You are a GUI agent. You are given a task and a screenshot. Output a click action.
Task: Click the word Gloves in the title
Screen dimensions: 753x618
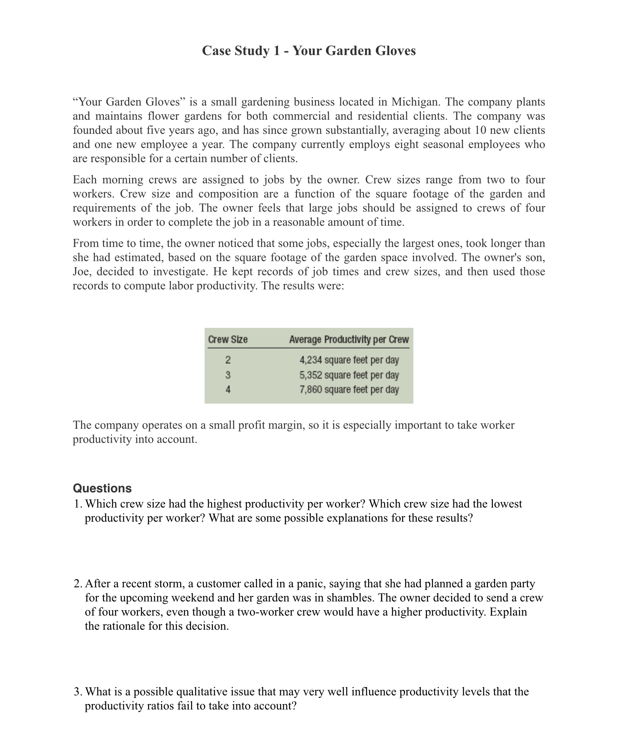395,51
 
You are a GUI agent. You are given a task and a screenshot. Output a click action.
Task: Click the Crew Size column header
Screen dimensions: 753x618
228,340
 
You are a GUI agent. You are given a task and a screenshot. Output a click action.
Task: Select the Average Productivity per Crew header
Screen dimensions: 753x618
349,340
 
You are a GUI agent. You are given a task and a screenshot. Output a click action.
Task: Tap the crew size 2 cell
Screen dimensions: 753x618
228,360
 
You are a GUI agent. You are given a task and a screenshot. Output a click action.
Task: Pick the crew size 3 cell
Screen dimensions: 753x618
228,375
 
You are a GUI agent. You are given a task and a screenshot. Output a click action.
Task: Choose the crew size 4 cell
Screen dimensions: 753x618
228,389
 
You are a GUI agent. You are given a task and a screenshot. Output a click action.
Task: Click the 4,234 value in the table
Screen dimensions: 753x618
311,360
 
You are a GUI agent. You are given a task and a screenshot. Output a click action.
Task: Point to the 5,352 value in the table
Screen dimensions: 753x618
311,375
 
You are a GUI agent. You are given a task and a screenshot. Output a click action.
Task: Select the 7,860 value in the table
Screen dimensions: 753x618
311,389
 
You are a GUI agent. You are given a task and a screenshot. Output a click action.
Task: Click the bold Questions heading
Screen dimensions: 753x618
102,488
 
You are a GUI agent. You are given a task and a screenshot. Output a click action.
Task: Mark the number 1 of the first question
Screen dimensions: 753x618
76,504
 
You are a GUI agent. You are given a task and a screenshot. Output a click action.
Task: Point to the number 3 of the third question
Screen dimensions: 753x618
77,692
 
